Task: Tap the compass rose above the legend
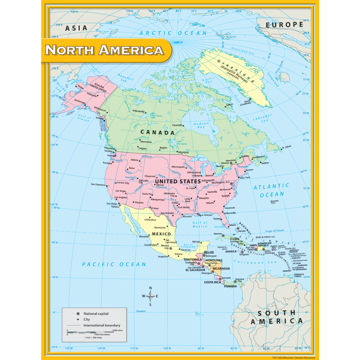coord(150,296)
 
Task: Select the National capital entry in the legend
coord(96,314)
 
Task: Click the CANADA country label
coord(157,132)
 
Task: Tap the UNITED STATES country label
coord(178,182)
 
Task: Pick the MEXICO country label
coord(161,234)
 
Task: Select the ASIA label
coord(76,28)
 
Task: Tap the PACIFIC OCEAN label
coord(114,264)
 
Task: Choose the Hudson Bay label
coord(201,125)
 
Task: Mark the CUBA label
coord(235,239)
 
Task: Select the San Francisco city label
coord(98,185)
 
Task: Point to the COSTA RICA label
coord(212,282)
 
